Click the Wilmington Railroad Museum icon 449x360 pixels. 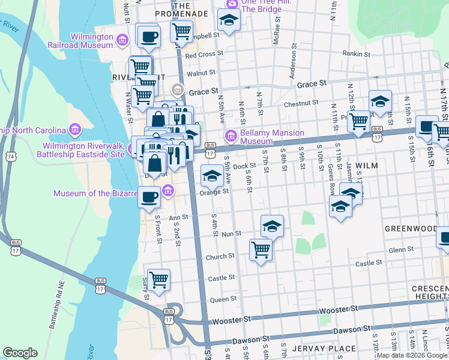click(x=122, y=40)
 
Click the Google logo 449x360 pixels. click(x=20, y=352)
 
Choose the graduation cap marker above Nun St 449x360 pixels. click(x=272, y=226)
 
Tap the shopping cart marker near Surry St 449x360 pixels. click(x=158, y=279)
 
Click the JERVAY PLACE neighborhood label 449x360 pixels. click(x=316, y=349)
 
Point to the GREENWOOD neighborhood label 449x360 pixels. click(x=411, y=229)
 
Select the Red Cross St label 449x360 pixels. click(x=204, y=55)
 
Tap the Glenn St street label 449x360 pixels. click(x=402, y=250)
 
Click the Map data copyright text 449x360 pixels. click(x=412, y=355)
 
